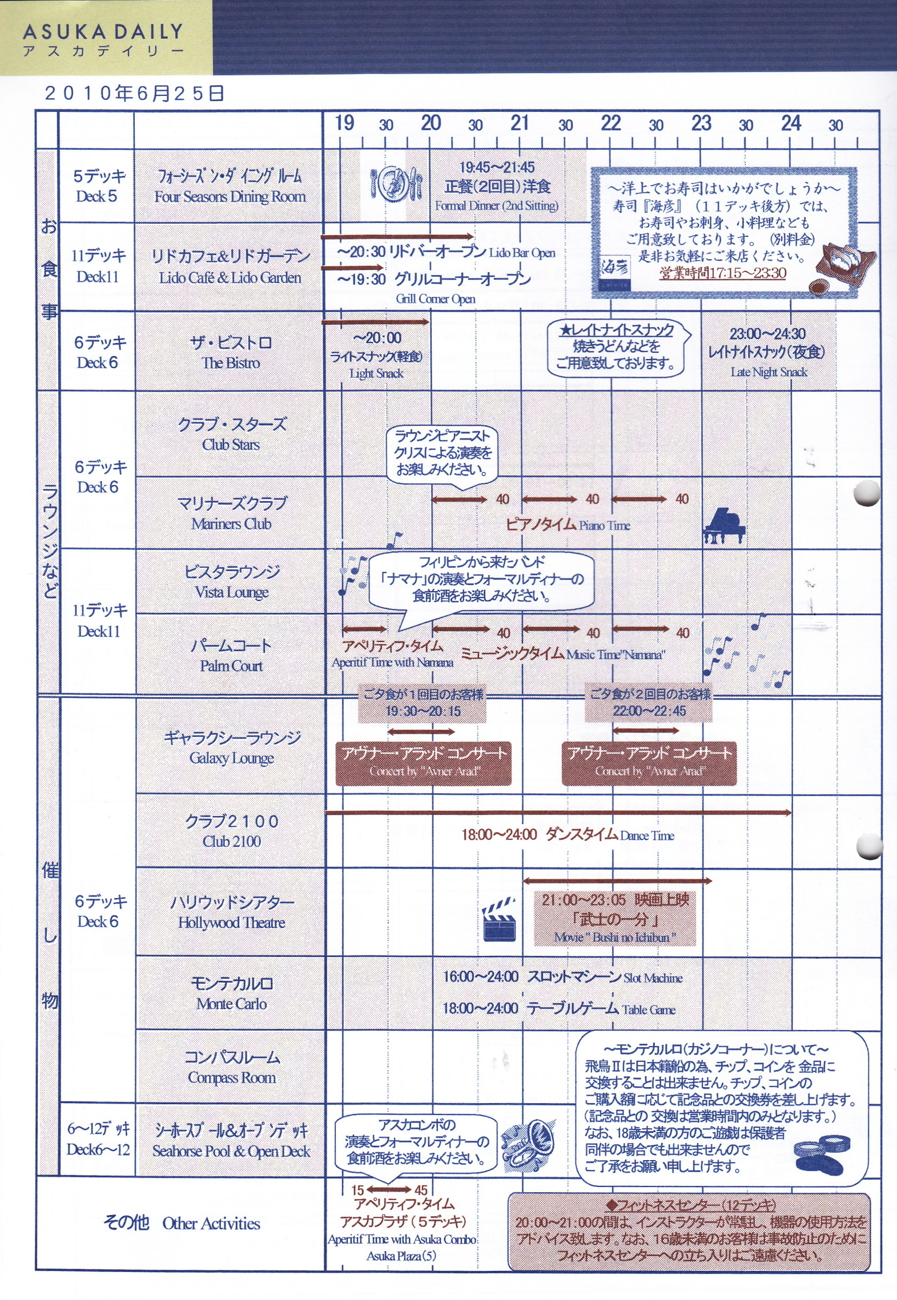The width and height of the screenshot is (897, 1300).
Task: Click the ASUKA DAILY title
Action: point(103,32)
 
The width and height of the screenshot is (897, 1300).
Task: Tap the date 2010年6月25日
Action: point(134,93)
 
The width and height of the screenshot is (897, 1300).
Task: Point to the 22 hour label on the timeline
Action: point(610,123)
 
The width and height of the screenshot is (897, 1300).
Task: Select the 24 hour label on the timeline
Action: point(791,123)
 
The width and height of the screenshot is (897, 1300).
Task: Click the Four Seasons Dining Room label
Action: point(230,196)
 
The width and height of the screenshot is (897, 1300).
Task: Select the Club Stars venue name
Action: point(231,444)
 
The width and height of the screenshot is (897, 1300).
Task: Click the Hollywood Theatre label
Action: point(231,923)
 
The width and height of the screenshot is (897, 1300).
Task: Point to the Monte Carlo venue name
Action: point(231,1003)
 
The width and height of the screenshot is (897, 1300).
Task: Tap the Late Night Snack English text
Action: point(769,372)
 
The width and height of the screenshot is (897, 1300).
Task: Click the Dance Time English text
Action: point(647,835)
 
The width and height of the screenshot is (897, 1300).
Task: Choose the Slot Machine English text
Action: point(653,978)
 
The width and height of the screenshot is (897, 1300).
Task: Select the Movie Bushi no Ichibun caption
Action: point(614,937)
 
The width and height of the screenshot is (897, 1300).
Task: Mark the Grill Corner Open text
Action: point(435,298)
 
